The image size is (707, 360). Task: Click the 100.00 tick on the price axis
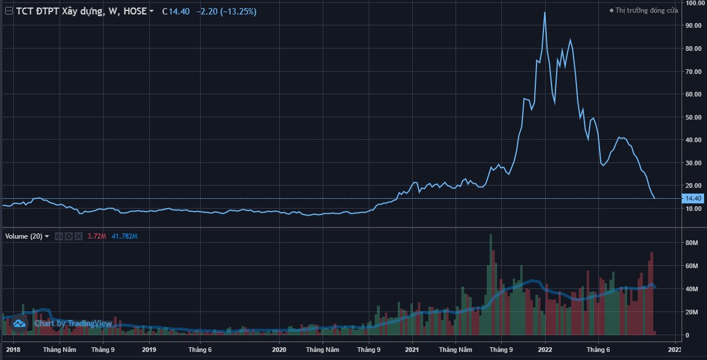(694, 3)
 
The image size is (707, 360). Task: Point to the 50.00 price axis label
(693, 117)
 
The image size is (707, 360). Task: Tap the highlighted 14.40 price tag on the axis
(693, 198)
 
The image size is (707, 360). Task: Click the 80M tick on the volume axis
(693, 243)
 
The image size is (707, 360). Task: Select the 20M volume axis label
(693, 312)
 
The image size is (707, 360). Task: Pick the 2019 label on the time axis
(149, 350)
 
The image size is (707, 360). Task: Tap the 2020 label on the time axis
(279, 350)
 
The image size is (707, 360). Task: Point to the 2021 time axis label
(412, 350)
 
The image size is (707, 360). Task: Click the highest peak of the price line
(545, 13)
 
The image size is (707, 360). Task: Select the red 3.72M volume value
(97, 236)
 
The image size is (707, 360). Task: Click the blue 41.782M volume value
(124, 236)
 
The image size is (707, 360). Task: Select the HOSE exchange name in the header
(135, 11)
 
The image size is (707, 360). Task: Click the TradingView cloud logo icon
(19, 324)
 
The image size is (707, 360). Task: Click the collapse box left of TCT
(8, 11)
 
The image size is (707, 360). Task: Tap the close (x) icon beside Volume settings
(79, 236)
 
